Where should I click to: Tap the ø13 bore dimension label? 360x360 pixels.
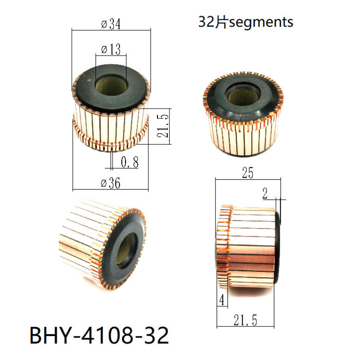[x=111, y=49]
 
